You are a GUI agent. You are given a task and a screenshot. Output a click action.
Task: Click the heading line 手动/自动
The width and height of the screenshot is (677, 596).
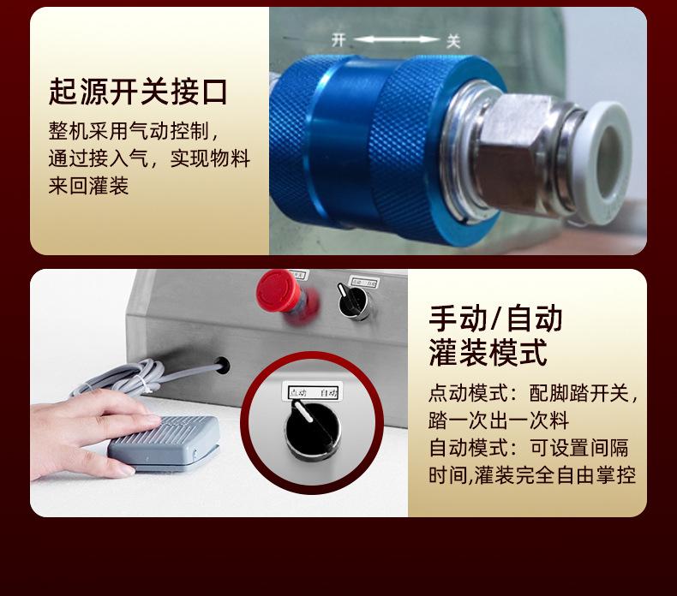(x=494, y=318)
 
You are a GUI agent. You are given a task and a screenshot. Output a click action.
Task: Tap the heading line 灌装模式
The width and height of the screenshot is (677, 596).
(x=487, y=351)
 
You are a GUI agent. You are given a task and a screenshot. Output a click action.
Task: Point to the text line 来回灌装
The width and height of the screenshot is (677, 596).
(x=88, y=186)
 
